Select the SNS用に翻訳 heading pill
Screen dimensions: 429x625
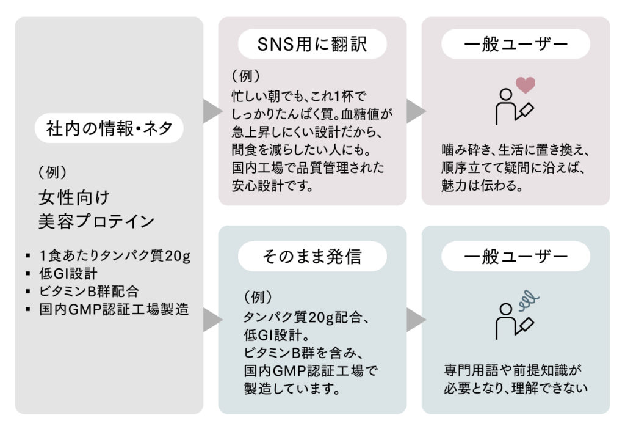coord(312,45)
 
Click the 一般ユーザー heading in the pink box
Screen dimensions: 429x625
coord(516,45)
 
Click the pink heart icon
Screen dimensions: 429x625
coord(525,84)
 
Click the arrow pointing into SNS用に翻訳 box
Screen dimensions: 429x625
coord(212,111)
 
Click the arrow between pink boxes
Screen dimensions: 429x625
coord(415,111)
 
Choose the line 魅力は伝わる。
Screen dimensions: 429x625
coord(482,186)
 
